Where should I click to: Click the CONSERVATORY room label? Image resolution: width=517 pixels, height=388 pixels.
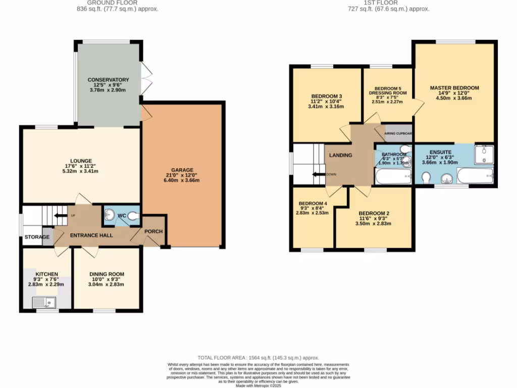108,80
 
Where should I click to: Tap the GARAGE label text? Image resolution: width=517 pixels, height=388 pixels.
182,170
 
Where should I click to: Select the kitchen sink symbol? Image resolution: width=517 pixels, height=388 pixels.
44,302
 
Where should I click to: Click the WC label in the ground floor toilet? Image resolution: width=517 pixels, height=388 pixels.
122,216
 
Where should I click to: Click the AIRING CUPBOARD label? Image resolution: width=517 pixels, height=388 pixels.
398,134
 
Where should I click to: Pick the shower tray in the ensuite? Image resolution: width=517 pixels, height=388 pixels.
484,154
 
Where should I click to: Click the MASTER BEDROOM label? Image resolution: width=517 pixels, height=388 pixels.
454,88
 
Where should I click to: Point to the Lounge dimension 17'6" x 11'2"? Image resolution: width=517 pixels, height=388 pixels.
81,166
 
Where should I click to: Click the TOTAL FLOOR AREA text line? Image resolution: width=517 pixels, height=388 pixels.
258,357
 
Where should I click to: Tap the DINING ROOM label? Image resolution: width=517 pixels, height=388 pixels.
107,274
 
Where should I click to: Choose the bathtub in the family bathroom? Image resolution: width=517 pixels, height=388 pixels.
393,176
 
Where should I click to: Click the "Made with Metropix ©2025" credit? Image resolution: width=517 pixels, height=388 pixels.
258,385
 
